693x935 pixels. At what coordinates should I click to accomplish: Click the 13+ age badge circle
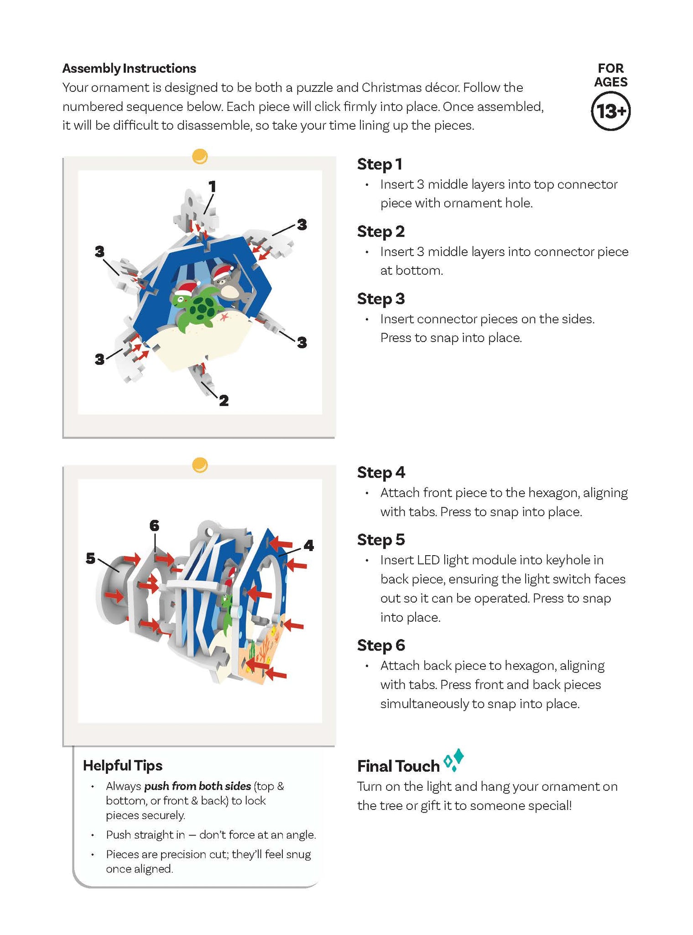tap(610, 111)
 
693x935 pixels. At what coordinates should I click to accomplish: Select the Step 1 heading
tap(380, 164)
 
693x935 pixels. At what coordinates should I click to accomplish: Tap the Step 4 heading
tap(381, 473)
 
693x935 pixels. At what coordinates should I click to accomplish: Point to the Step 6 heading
tap(381, 645)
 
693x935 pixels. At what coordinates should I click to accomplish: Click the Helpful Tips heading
tap(123, 766)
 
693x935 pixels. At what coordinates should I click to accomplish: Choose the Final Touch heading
tap(398, 766)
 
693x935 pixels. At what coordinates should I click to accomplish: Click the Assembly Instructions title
tap(129, 68)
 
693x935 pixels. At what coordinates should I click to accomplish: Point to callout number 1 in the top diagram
tap(212, 186)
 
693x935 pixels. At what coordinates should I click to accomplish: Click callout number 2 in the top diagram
tap(224, 400)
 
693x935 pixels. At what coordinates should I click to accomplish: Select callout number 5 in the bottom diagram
tap(90, 558)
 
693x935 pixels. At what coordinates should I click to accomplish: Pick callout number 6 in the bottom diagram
tap(154, 526)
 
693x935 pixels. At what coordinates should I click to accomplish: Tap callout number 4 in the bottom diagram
tap(309, 545)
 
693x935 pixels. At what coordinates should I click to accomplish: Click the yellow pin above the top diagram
tap(200, 156)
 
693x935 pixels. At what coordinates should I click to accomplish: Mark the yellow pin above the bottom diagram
tap(200, 465)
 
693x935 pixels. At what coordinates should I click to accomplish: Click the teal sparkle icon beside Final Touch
tap(454, 760)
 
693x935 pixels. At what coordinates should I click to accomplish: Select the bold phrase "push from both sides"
tap(198, 786)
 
